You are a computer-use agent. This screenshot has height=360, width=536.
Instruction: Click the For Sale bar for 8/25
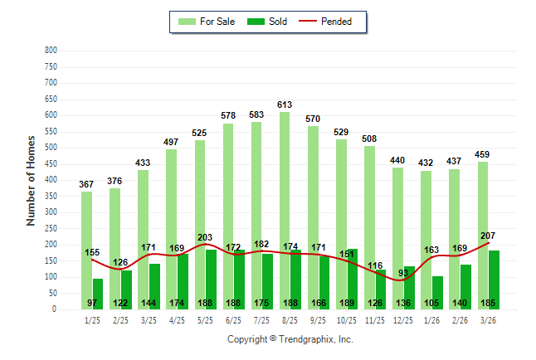point(285,207)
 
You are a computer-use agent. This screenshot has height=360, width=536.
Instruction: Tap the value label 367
point(86,184)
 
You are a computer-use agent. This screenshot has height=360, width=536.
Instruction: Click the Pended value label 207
point(487,236)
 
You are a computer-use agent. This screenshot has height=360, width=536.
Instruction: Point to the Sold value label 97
point(92,304)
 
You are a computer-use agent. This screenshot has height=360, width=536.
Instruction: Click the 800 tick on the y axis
point(51,51)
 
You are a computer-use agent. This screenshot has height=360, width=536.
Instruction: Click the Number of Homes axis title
point(31,180)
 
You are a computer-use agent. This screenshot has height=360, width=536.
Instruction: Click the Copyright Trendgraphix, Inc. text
point(290,339)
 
